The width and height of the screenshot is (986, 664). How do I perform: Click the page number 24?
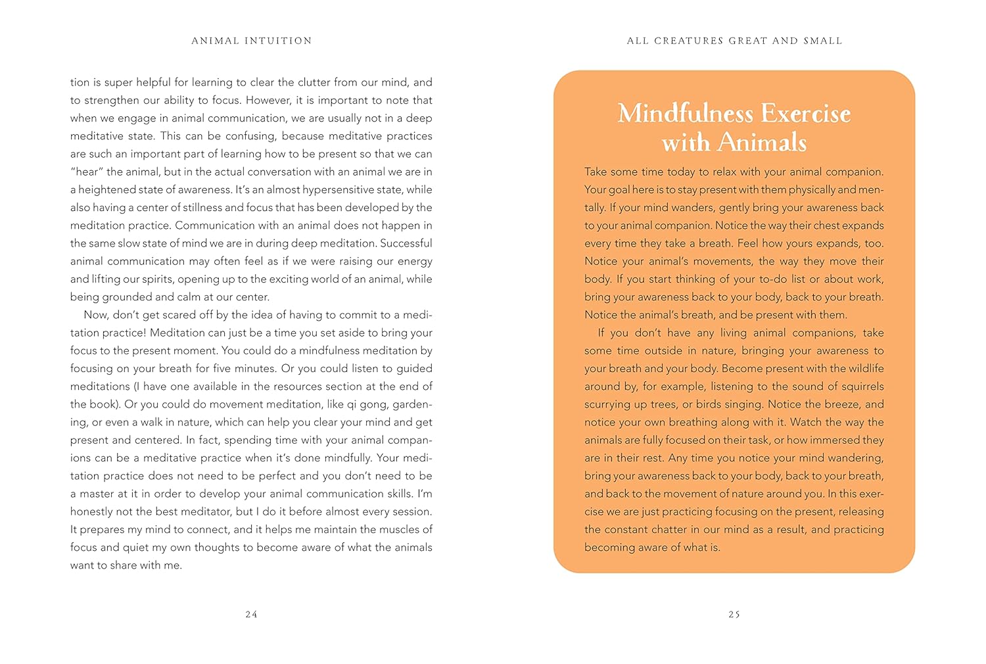(x=251, y=615)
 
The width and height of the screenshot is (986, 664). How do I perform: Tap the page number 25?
(x=734, y=615)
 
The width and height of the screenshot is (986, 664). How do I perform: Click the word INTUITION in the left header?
(x=278, y=41)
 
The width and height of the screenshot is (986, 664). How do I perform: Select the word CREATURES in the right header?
(x=688, y=41)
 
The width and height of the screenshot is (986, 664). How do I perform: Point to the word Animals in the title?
(x=762, y=143)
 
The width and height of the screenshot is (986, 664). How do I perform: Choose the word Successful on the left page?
(x=406, y=243)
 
